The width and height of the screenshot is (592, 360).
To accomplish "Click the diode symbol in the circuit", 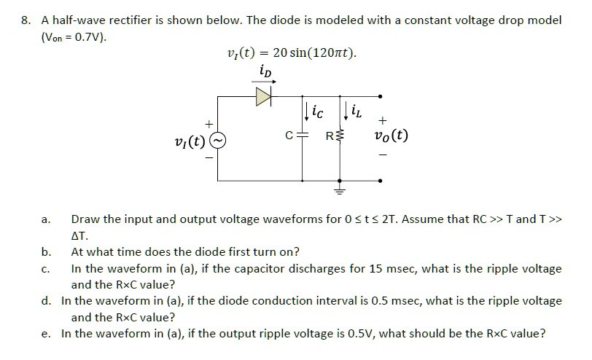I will pyautogui.click(x=263, y=95).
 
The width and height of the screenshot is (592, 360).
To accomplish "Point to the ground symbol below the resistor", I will pyautogui.click(x=338, y=192).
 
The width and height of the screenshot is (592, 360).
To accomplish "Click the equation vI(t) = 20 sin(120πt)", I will pyautogui.click(x=292, y=52).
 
